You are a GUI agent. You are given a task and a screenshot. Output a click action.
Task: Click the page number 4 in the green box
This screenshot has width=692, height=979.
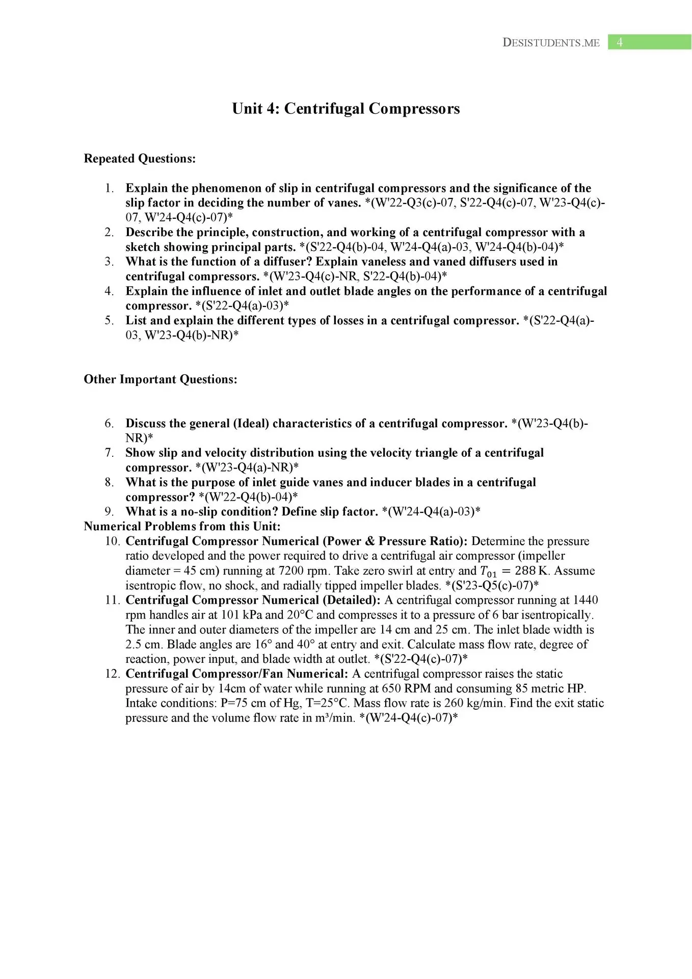pyautogui.click(x=619, y=42)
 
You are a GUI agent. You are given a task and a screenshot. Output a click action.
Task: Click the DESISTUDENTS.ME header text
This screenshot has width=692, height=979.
pyautogui.click(x=551, y=43)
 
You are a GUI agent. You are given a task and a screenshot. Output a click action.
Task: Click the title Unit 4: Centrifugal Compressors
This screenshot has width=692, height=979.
pyautogui.click(x=345, y=109)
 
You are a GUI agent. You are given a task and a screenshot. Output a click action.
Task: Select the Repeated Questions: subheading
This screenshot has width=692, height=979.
pyautogui.click(x=140, y=159)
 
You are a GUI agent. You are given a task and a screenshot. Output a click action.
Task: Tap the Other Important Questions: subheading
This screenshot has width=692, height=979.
pyautogui.click(x=161, y=379)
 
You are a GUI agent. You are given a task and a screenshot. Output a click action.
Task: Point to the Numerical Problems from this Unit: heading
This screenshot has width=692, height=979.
pyautogui.click(x=182, y=526)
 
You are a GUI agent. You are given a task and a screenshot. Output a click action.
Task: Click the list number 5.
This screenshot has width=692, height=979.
pyautogui.click(x=109, y=321)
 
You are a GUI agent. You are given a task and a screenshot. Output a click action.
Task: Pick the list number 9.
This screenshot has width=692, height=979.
pyautogui.click(x=109, y=511)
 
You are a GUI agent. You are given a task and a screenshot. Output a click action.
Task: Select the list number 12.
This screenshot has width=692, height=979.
pyautogui.click(x=112, y=674)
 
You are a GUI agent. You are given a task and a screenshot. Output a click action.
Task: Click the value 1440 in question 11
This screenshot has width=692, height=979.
pyautogui.click(x=585, y=600)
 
